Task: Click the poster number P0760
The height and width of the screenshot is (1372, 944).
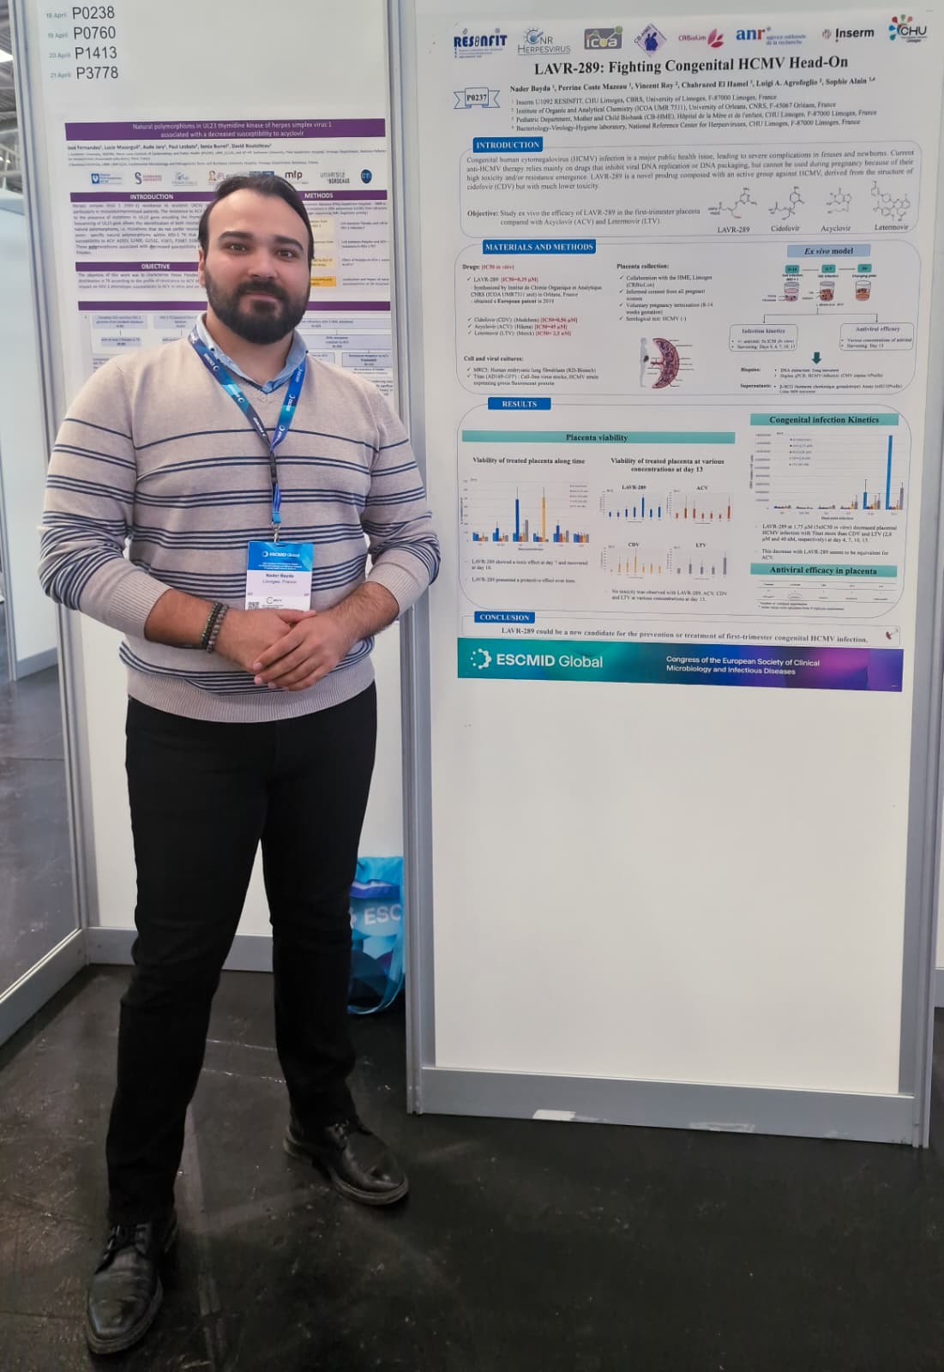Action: click(93, 33)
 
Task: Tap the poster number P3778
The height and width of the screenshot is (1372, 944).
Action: click(96, 73)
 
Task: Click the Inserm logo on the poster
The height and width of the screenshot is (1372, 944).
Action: click(848, 33)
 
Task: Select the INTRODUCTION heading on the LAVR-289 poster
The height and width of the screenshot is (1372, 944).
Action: click(508, 145)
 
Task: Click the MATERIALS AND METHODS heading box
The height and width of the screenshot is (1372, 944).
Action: click(538, 247)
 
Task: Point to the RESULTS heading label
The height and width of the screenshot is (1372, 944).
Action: click(519, 404)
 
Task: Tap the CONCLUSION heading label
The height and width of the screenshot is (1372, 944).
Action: click(504, 617)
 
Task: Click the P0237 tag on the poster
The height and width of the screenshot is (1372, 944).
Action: click(477, 98)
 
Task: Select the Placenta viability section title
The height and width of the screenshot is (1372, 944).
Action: click(597, 437)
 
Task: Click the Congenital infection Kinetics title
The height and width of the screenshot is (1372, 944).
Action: click(823, 420)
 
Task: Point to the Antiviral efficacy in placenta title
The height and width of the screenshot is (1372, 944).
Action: click(823, 570)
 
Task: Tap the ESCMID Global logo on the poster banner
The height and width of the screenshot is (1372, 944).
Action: click(537, 660)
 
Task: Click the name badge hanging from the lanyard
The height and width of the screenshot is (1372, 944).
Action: click(280, 573)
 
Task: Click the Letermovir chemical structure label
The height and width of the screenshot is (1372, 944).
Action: click(892, 227)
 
